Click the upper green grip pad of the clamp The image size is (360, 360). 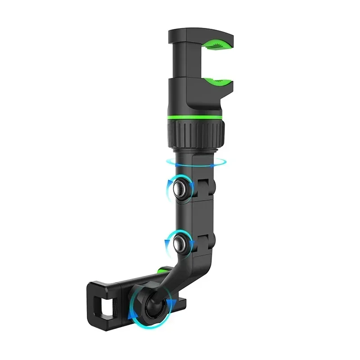215,45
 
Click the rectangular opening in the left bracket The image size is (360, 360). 107,307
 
